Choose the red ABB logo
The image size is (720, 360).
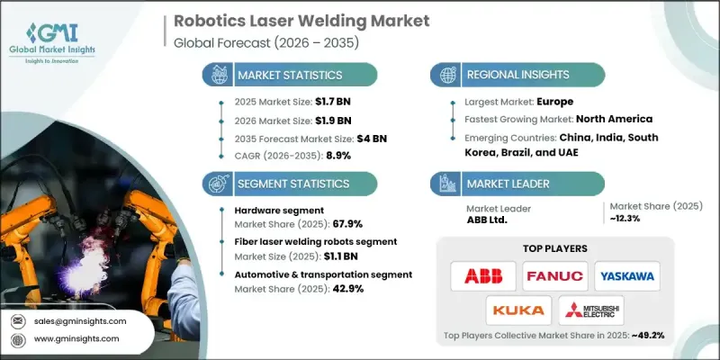click(483, 275)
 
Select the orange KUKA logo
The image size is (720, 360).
click(519, 310)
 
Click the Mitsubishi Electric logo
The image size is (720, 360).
click(591, 310)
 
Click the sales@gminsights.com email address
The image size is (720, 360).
click(80, 321)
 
